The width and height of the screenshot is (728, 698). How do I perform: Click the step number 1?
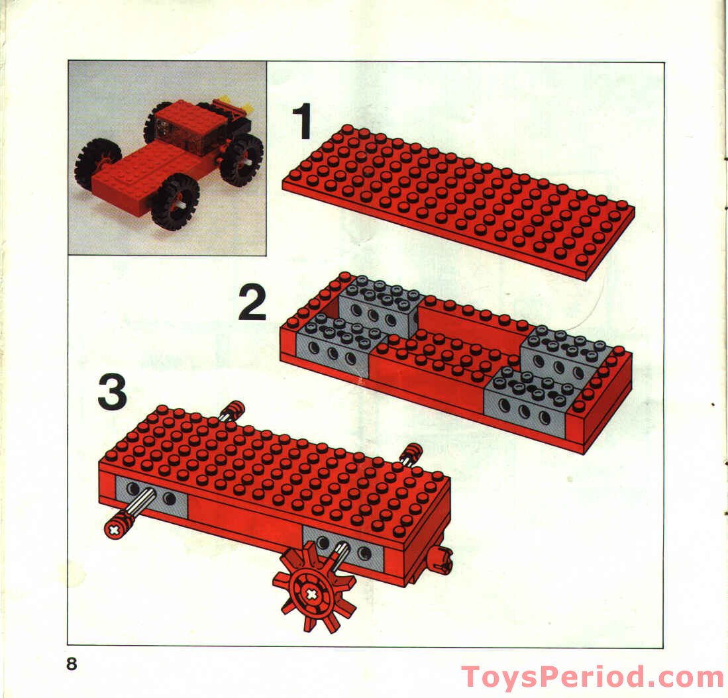click(303, 123)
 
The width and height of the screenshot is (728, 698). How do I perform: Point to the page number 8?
click(72, 664)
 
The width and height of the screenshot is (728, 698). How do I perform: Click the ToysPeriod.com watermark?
click(592, 677)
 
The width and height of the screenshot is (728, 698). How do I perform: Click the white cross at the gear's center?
click(311, 594)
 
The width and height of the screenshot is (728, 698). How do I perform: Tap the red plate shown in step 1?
click(457, 199)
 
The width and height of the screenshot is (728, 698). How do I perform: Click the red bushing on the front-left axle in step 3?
click(120, 526)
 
